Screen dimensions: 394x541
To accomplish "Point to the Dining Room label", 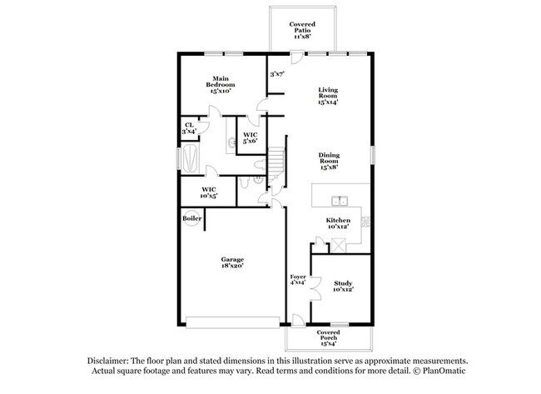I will point(331,162).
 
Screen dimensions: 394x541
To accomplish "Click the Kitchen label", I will point(338,223).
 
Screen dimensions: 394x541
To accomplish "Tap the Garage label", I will point(231,263).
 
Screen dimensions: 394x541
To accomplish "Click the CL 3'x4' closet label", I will point(189,129).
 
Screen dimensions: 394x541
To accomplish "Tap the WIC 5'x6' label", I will point(250,138).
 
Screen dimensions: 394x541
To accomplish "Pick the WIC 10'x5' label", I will point(210,192).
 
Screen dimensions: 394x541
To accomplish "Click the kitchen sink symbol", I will point(340,201).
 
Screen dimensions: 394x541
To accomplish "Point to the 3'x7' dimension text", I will point(276,75).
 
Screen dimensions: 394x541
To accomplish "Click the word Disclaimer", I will point(109,361).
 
